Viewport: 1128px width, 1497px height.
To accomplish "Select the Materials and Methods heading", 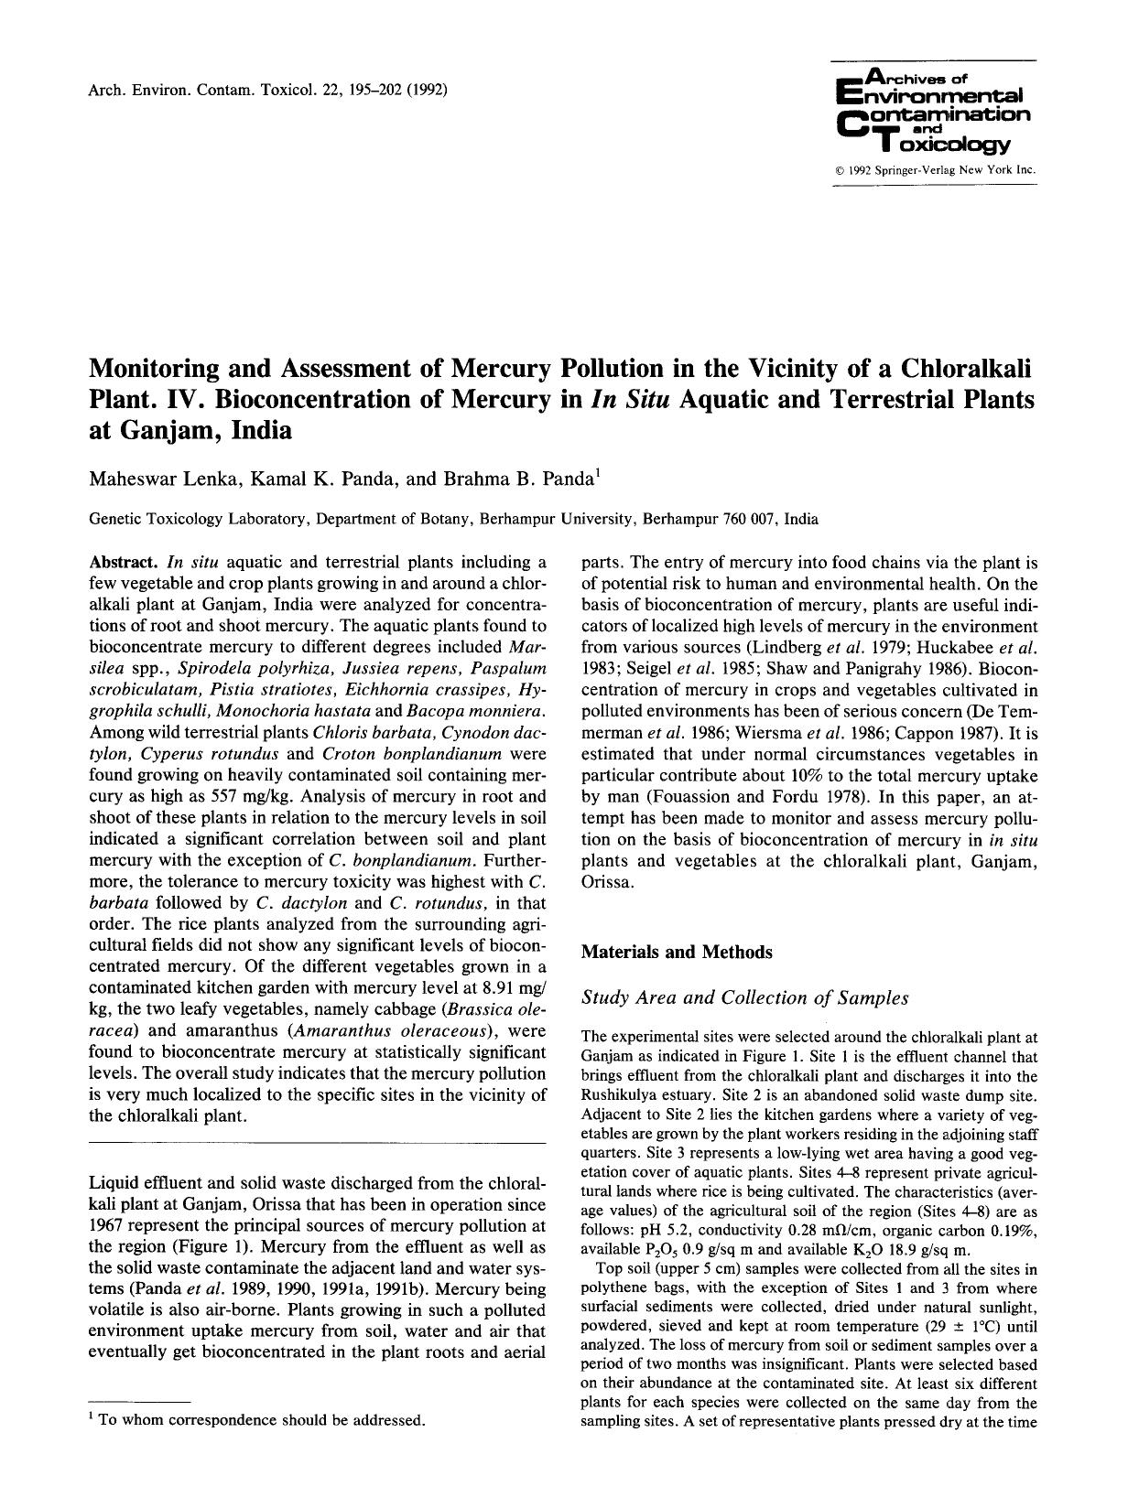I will (x=677, y=952).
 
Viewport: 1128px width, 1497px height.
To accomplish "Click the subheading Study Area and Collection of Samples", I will (x=744, y=997).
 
